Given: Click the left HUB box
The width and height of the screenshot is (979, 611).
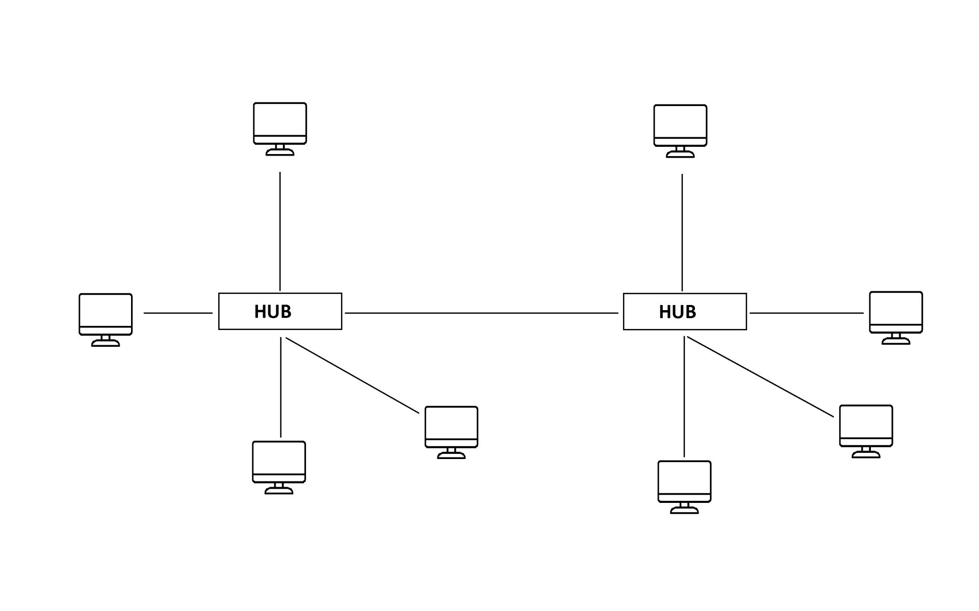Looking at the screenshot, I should [x=280, y=311].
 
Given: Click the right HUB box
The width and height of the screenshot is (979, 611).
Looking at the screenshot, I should [x=685, y=312].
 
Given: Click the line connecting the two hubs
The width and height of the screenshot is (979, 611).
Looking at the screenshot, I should [x=481, y=313].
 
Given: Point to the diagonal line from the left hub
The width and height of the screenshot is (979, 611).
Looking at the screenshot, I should [x=352, y=375].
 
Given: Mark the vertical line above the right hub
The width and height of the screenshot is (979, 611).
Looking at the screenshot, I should [x=682, y=233].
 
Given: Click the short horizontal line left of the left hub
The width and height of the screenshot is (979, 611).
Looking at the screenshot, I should [x=178, y=313].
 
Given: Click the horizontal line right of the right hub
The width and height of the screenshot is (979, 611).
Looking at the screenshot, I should [x=807, y=313].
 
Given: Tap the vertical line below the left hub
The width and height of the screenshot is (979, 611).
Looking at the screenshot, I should [x=280, y=388].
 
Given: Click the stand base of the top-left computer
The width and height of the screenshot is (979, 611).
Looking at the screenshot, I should [x=280, y=152].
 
